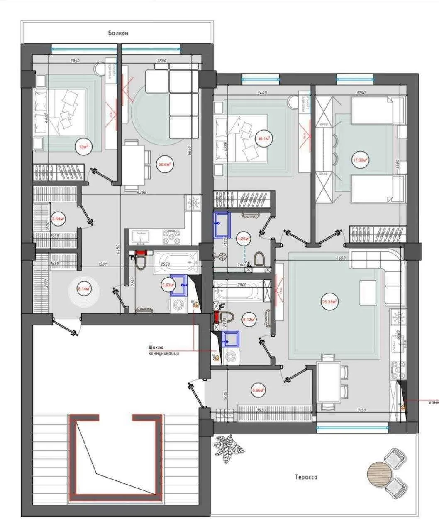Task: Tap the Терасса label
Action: point(306,477)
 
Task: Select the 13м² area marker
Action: point(83,146)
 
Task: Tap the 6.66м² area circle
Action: point(258,390)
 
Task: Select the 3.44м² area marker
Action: point(57,218)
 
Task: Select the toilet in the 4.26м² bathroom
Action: point(259,259)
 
